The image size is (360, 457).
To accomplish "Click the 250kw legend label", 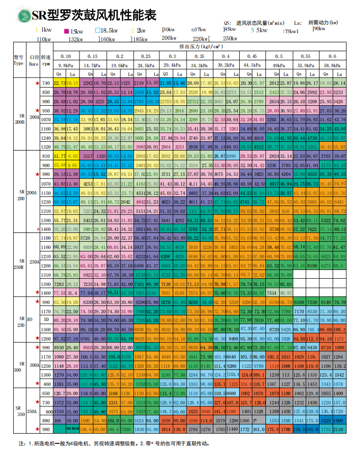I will (229, 38).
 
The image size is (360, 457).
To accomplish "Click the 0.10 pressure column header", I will (65, 56).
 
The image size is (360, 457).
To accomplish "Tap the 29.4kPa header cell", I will (172, 65).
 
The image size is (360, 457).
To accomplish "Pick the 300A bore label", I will (35, 364).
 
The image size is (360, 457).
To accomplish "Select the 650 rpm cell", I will (46, 393).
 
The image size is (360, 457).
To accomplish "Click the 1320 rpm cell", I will (46, 146).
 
